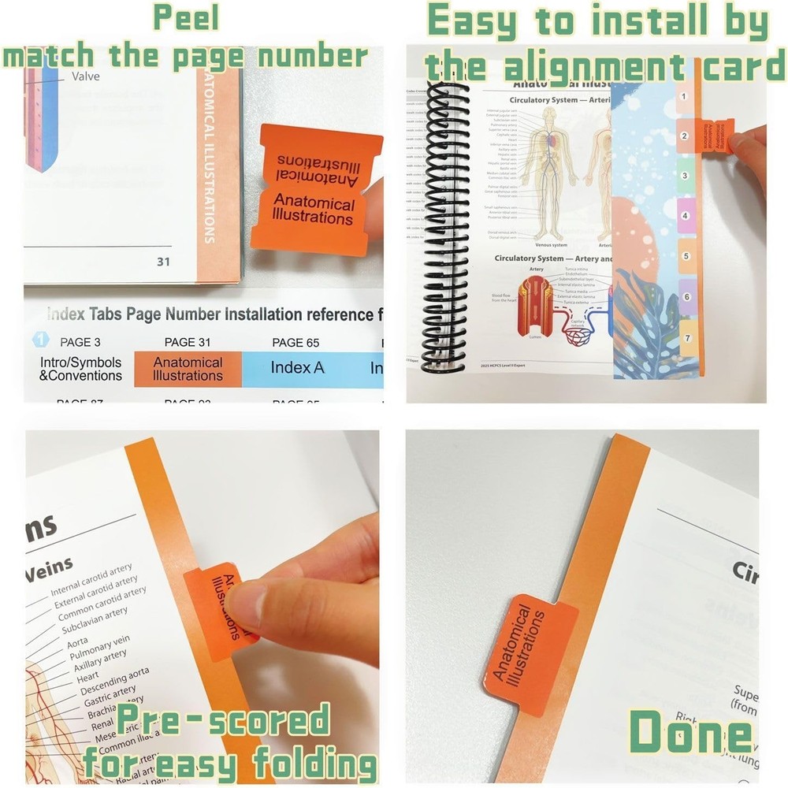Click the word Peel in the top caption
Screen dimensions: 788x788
(x=186, y=17)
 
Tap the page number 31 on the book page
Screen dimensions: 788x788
(x=162, y=262)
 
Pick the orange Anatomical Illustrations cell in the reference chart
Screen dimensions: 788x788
(x=188, y=369)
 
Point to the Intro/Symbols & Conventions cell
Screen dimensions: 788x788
(x=81, y=369)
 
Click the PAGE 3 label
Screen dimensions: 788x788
(x=80, y=342)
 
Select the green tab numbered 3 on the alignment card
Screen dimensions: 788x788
(x=685, y=176)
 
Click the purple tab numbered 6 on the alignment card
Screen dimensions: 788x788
(x=686, y=297)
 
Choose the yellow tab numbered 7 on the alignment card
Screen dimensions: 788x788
(x=686, y=338)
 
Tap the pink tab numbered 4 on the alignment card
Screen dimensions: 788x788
(x=685, y=216)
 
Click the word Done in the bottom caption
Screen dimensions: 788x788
(x=689, y=733)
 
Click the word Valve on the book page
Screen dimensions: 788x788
(x=86, y=76)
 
